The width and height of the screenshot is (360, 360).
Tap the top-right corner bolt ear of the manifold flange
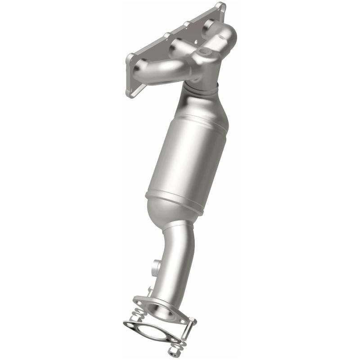click(x=220, y=8)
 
